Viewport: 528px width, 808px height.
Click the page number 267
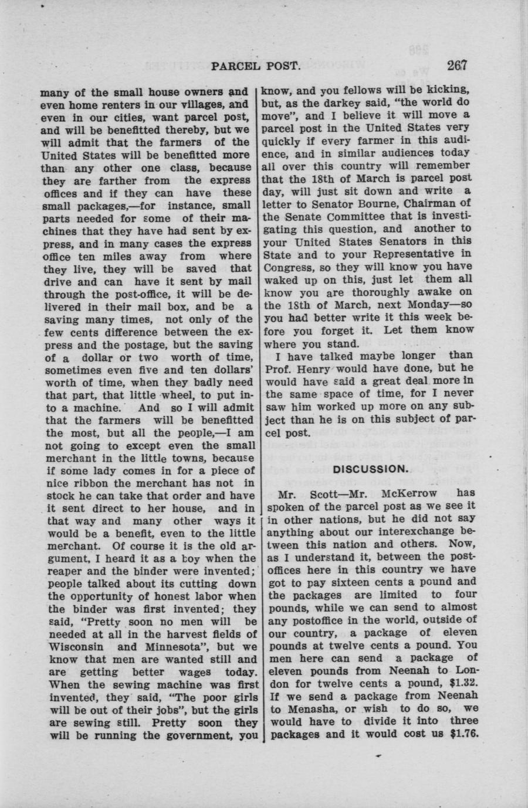tap(455, 65)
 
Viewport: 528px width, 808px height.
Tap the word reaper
tap(62, 571)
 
